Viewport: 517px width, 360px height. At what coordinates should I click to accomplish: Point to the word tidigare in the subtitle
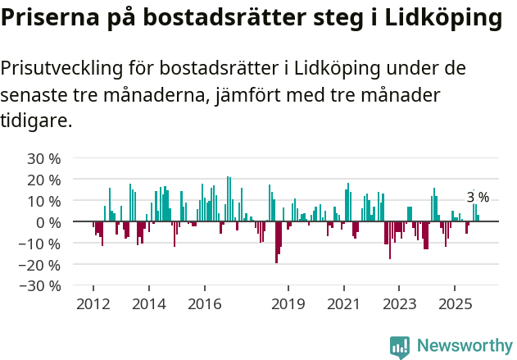click(37, 121)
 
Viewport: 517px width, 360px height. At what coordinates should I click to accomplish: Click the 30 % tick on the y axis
click(44, 158)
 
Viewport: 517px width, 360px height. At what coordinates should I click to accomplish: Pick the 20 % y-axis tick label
click(44, 180)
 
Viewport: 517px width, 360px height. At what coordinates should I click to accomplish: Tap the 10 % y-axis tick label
click(44, 201)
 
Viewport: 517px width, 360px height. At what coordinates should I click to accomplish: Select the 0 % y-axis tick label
click(48, 222)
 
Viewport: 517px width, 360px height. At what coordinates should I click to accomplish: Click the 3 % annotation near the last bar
click(478, 197)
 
